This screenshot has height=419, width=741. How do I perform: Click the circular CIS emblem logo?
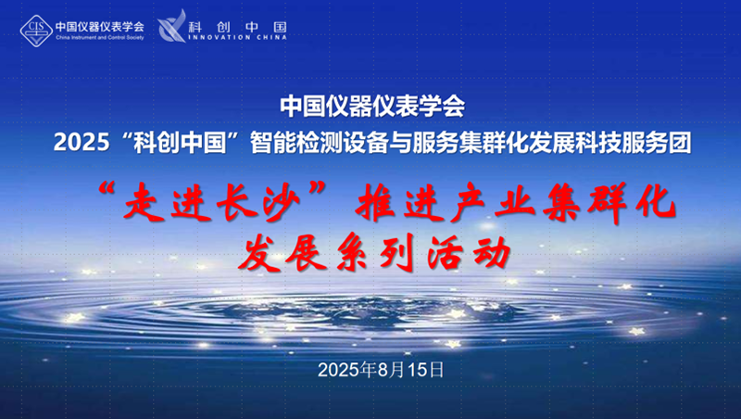coord(36,29)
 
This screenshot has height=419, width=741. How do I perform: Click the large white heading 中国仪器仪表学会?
coord(371,106)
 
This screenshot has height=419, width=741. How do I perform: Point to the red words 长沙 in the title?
coord(254,198)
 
